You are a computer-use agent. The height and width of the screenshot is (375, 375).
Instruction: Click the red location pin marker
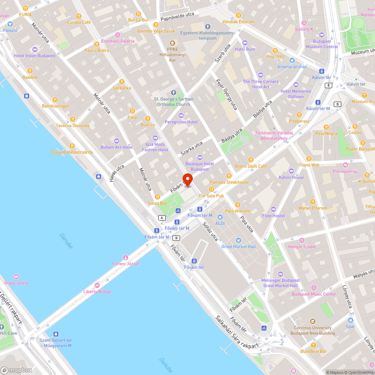point(187,179)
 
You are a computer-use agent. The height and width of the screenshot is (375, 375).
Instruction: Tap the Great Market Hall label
point(238,247)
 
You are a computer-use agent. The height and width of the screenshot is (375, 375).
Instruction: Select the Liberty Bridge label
point(97,291)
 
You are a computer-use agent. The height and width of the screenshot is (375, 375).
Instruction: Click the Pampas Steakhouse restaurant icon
point(229,176)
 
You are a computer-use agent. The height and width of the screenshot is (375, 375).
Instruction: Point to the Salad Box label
point(157,203)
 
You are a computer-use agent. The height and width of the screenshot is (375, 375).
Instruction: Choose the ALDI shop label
point(220,223)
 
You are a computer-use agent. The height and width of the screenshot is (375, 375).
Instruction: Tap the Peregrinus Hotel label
point(181,122)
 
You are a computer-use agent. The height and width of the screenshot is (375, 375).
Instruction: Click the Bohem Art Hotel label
point(117,147)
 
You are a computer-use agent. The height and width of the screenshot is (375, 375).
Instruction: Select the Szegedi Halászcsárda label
point(72,152)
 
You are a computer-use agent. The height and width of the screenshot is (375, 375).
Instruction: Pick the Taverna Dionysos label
point(73,126)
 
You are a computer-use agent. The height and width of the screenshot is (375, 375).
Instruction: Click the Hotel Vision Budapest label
point(34,55)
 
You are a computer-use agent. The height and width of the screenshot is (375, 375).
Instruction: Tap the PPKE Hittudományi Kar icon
point(172,43)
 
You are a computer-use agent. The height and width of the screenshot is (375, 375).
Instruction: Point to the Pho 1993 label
point(275,57)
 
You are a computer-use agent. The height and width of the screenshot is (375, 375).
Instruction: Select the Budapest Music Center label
point(314,294)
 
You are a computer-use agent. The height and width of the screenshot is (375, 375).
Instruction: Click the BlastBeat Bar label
point(313,351)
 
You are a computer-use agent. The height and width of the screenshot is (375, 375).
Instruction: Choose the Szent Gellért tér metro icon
point(56,333)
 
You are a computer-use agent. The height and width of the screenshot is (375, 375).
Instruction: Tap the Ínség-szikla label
point(16,283)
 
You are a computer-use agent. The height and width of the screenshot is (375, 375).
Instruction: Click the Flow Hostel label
point(273,216)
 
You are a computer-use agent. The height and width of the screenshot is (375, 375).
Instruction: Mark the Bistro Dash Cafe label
point(251,166)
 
